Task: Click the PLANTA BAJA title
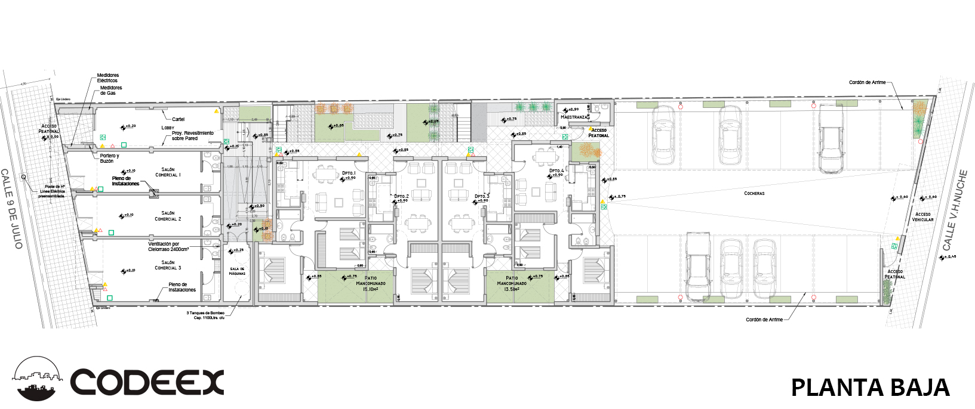point(870,388)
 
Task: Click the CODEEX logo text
point(147,383)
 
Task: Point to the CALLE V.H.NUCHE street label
point(955,210)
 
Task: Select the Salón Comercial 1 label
point(168,172)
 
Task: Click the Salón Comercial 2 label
point(168,216)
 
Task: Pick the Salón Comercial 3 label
point(168,265)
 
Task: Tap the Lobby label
point(168,128)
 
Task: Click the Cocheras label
point(754,193)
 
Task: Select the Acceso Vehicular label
point(922,217)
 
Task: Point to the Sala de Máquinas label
point(237,271)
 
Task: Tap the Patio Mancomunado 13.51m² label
point(512,283)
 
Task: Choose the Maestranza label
point(574,117)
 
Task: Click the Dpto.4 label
point(556,171)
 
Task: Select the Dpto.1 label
point(349,173)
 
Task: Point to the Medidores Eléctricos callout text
point(107,78)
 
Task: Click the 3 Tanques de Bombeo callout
point(205,315)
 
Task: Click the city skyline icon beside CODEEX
point(37,379)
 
